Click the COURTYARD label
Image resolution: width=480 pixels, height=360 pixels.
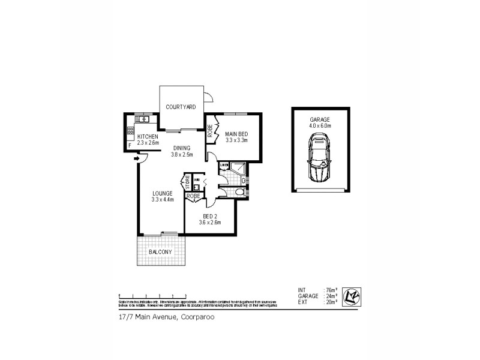181,107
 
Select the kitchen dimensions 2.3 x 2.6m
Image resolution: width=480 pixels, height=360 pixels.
148,143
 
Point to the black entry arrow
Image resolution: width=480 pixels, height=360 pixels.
137,158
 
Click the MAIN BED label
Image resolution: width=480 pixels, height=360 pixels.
236,134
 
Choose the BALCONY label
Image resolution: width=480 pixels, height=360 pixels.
160,251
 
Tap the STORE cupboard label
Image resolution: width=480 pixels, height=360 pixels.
187,179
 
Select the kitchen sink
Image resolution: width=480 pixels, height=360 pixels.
143,119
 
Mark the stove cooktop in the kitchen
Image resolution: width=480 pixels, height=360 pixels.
130,130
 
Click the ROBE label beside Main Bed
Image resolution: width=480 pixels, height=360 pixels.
211,131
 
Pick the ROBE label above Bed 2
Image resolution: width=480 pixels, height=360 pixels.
193,196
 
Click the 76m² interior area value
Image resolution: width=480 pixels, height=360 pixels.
330,290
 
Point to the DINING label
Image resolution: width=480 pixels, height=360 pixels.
182,148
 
